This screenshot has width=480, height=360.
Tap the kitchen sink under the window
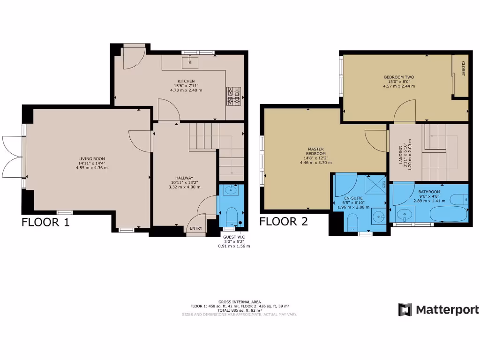[191, 60]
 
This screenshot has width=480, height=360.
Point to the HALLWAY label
[184, 178]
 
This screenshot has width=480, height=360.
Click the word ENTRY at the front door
[196, 229]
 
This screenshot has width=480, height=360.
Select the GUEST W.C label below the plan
[234, 237]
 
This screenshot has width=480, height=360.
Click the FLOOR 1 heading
[45, 222]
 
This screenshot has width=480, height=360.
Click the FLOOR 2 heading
[284, 221]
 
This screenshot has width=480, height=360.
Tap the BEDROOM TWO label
[399, 77]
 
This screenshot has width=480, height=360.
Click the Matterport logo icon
[405, 309]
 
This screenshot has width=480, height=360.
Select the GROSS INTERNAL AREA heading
[240, 301]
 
